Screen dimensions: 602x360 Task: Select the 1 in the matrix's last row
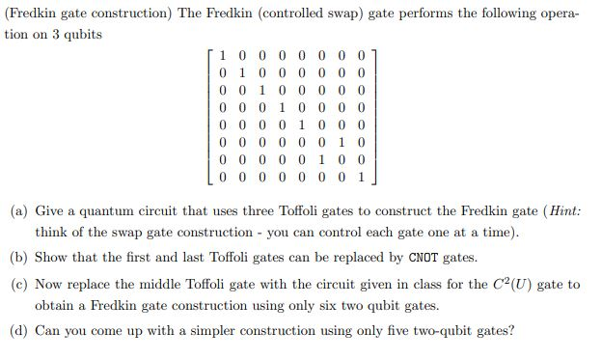click(x=360, y=179)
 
